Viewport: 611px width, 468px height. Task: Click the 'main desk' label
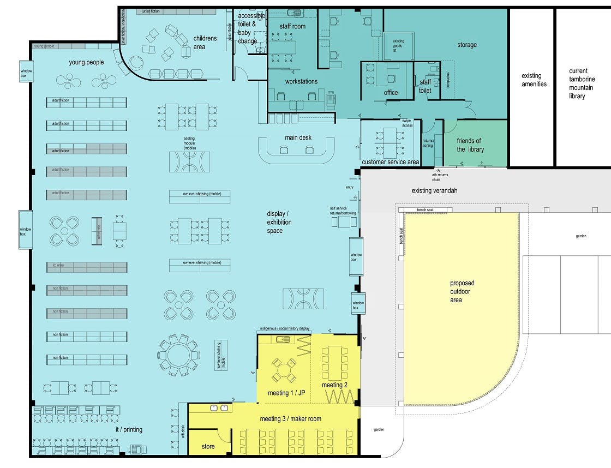click(298, 137)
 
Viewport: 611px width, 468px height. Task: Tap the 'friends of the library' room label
click(469, 145)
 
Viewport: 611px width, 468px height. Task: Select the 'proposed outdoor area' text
click(462, 291)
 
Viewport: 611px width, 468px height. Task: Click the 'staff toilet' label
click(425, 86)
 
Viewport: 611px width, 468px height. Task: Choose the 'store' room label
click(208, 446)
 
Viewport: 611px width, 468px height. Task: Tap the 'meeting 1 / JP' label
click(286, 393)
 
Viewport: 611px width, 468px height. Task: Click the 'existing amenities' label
click(534, 80)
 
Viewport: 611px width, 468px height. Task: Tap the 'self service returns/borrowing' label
click(343, 211)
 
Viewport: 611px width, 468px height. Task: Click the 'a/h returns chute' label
click(436, 177)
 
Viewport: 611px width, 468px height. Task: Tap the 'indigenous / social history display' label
click(284, 329)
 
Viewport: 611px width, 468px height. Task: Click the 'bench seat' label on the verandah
click(425, 210)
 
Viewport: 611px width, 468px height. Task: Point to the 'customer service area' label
click(391, 162)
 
